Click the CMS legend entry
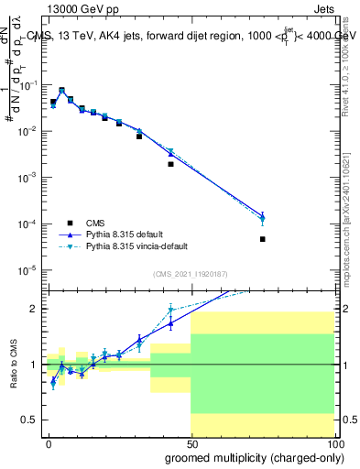coord(93,222)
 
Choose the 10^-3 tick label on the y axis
coord(30,177)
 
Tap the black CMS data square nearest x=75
coord(262,239)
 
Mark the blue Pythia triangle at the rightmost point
coord(262,216)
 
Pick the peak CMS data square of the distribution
coord(61,91)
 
